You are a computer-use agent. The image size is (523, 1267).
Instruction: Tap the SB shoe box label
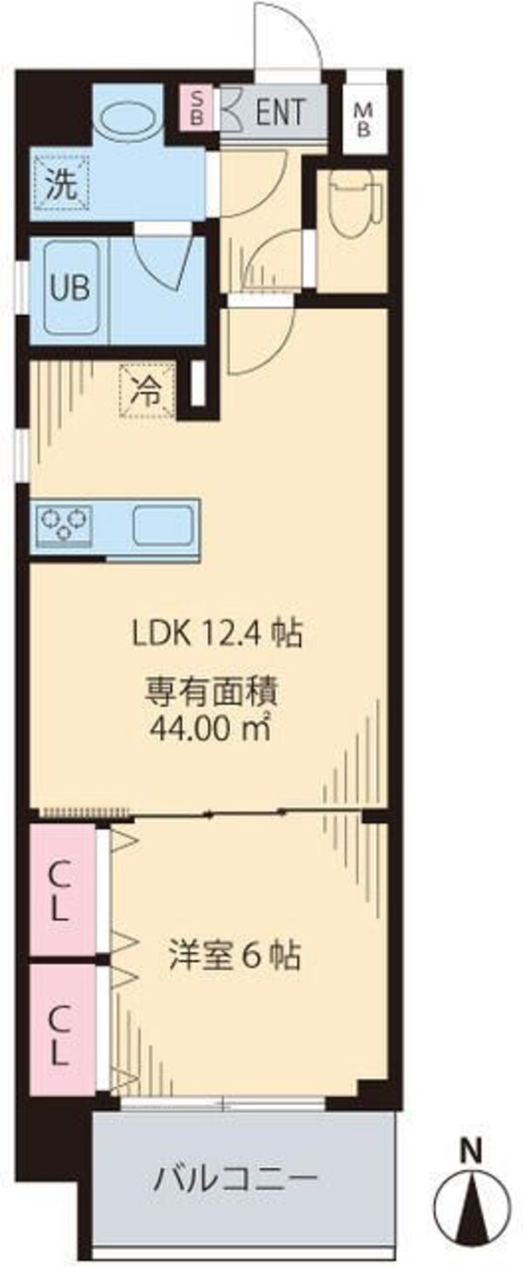click(x=197, y=107)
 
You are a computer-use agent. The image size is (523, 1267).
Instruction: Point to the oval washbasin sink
click(x=128, y=118)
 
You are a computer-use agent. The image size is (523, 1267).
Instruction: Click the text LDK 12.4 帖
click(x=217, y=633)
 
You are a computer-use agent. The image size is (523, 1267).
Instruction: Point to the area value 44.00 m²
click(x=210, y=726)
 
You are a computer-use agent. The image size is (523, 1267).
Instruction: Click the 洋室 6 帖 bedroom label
click(x=234, y=958)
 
